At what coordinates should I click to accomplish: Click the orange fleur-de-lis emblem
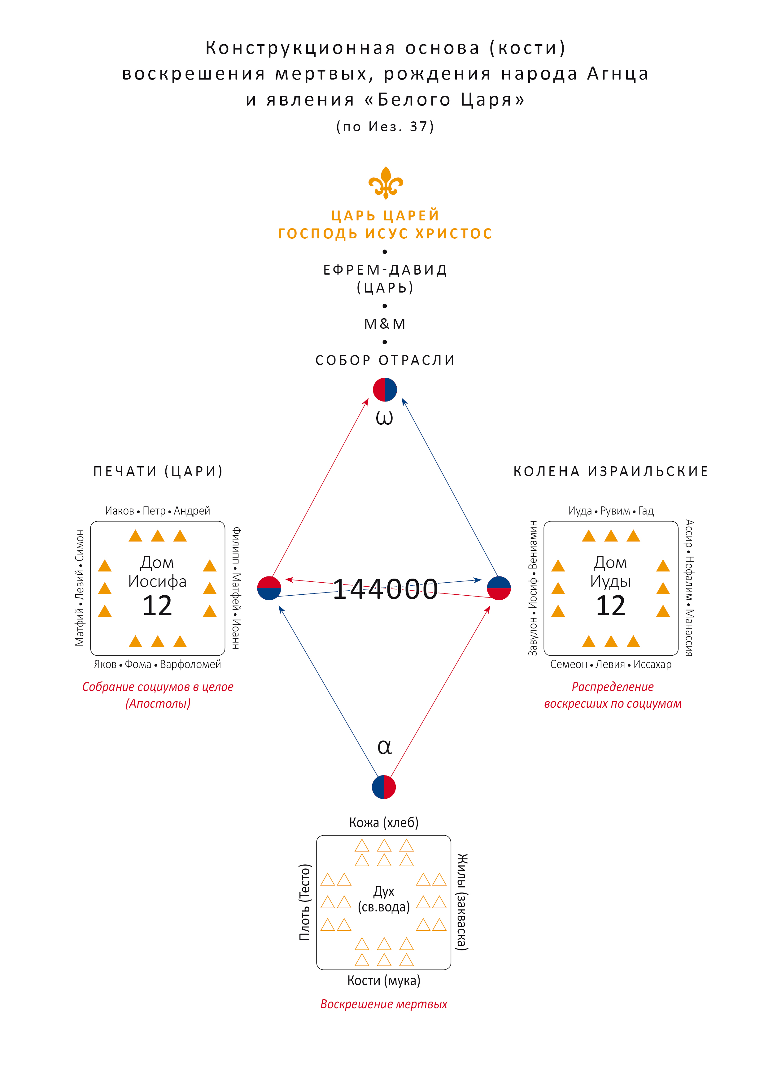[386, 183]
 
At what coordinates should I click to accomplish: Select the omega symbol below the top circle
[384, 418]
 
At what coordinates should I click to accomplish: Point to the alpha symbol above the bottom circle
[384, 747]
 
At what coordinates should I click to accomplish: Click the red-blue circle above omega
[385, 390]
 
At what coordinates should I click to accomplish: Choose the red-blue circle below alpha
[384, 787]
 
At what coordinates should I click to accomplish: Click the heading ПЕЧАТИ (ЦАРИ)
[158, 471]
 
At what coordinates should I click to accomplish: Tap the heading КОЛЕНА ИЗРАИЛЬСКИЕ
[611, 471]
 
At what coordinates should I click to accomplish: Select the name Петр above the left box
[154, 511]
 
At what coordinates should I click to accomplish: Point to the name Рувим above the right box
[615, 511]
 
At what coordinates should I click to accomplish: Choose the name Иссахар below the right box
[652, 665]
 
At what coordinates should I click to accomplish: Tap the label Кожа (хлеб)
[384, 823]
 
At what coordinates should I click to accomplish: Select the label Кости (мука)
[384, 980]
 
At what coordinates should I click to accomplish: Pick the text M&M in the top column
[385, 324]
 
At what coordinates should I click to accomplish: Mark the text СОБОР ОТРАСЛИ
[385, 360]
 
